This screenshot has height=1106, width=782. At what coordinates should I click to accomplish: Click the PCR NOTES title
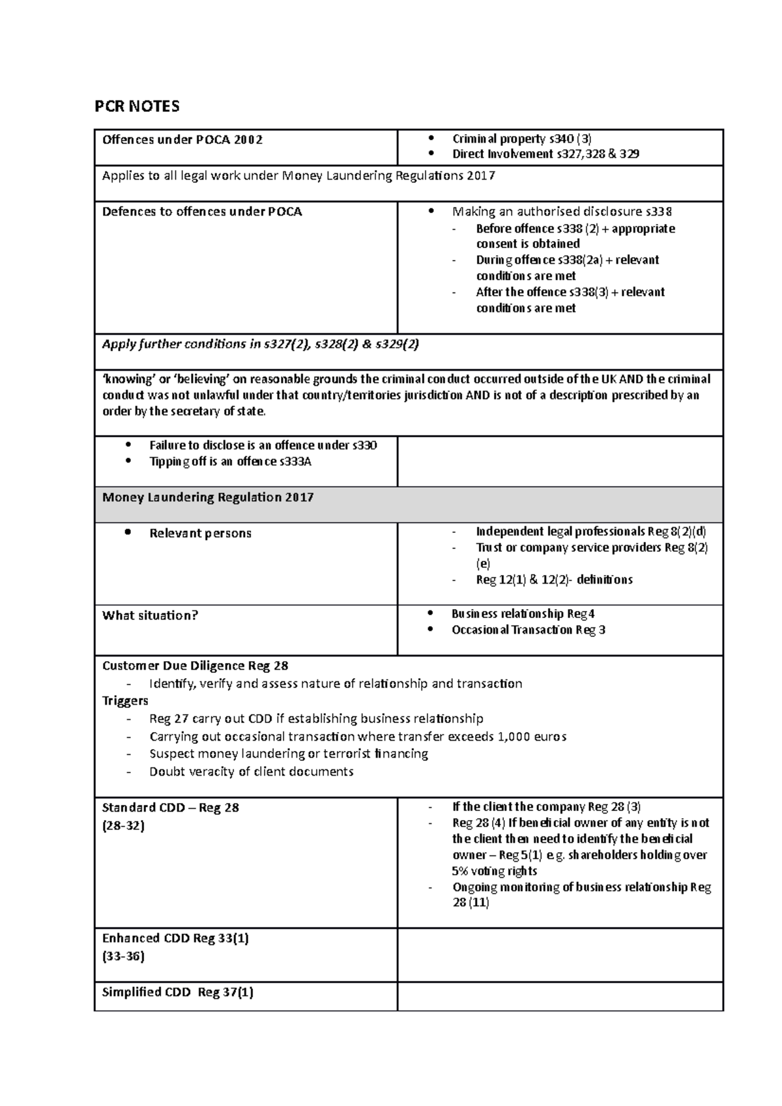pos(137,106)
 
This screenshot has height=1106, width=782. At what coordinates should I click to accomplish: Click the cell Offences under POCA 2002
pos(182,139)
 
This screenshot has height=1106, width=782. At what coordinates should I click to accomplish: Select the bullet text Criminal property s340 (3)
pos(521,138)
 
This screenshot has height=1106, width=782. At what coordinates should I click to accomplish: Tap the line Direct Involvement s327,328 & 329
pos(545,154)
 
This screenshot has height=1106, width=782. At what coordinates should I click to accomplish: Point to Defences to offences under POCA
pos(202,212)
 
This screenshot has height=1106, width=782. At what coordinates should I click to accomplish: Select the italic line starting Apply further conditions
pos(260,345)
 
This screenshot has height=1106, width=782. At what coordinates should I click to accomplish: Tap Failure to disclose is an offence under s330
pos(263,446)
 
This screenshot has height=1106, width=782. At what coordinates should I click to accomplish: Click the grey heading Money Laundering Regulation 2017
pos(208,498)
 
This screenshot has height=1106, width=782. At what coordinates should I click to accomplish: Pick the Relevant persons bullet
pos(200,533)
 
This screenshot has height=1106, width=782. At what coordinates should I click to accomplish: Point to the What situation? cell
pos(150,616)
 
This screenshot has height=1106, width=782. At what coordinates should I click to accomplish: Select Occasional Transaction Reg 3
pos(528,630)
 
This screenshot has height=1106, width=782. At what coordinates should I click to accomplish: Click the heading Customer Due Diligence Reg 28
pos(195,666)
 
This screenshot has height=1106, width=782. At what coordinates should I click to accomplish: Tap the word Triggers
pos(125,701)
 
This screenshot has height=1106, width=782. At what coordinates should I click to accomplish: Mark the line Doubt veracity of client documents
pos(251,772)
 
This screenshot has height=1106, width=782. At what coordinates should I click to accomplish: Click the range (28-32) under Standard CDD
pos(123,826)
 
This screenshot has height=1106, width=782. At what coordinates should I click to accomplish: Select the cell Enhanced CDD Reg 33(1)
pos(175,939)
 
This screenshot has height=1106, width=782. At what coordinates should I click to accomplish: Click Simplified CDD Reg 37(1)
pos(177,993)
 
